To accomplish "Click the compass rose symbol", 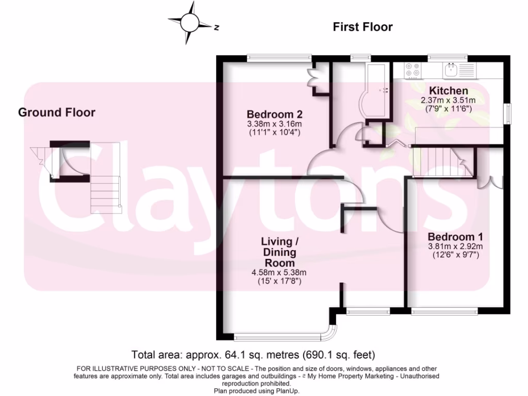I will [189, 22].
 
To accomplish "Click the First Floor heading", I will [362, 27].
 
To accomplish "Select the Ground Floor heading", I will [57, 112].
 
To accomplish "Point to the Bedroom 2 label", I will [274, 114].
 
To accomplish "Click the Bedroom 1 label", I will [455, 237].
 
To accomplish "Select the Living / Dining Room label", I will [279, 252].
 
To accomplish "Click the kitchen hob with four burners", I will [412, 70].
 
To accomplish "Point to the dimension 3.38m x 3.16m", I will [274, 124].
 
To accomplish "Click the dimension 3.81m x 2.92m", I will [455, 246].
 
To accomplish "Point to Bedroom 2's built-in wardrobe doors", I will [312, 79].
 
